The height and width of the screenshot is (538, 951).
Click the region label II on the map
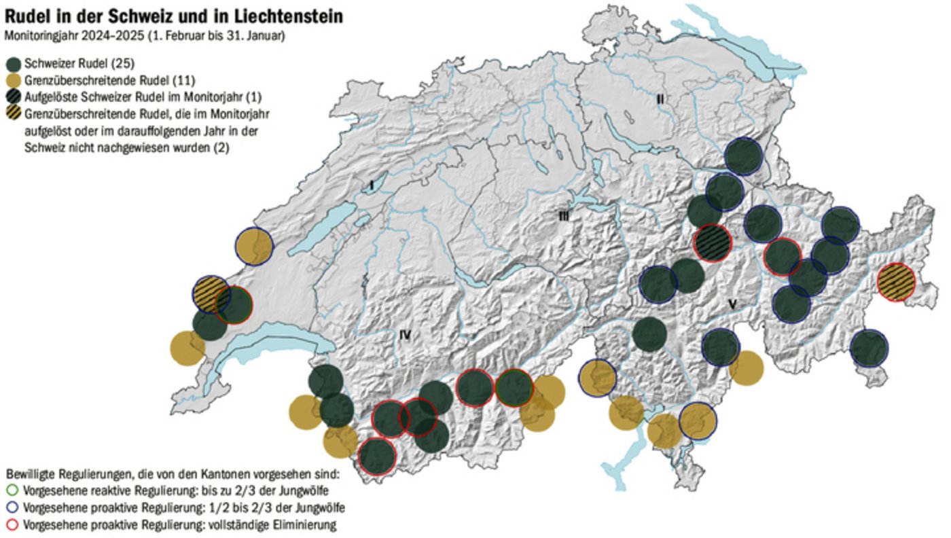coord(660,99)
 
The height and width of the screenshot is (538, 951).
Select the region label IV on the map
coord(406,334)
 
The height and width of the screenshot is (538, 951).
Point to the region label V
coord(732,304)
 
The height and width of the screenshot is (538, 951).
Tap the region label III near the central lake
coord(563,216)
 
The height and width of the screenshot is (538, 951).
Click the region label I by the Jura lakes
coord(372,185)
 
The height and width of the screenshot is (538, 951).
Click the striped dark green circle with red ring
coord(713,243)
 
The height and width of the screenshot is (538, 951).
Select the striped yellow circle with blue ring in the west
coord(212,294)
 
